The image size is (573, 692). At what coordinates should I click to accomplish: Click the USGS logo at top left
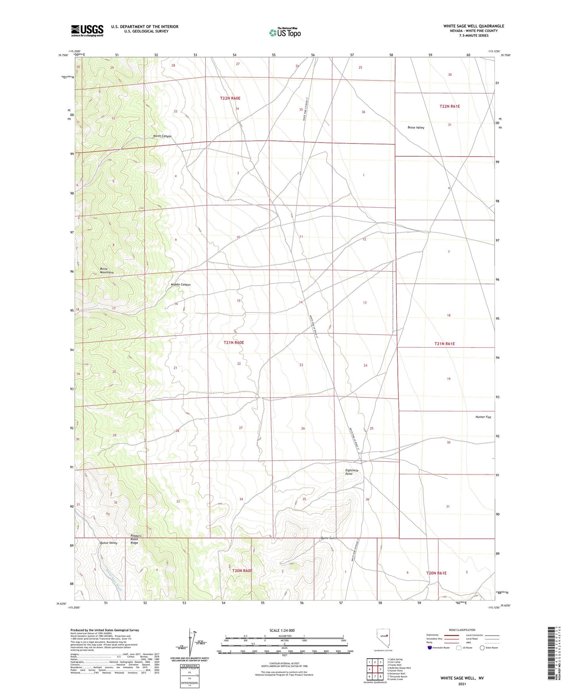click(x=87, y=31)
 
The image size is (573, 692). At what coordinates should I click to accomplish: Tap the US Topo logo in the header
click(x=285, y=32)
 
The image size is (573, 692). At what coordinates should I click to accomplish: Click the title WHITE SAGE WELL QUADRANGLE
click(x=473, y=26)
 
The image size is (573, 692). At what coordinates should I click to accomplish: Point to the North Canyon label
click(x=162, y=136)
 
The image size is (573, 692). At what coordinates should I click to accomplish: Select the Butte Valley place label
click(x=416, y=128)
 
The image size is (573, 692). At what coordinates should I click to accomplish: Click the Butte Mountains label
click(x=107, y=271)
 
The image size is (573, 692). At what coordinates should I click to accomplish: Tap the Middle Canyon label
click(x=180, y=285)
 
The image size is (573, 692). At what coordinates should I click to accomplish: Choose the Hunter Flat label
click(x=483, y=417)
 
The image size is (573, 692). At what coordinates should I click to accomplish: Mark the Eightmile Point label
click(x=351, y=472)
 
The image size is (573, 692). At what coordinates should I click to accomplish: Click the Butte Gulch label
click(x=329, y=538)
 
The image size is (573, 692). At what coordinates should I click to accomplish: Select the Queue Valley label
click(x=108, y=543)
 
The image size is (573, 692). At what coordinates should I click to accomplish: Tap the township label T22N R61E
click(x=450, y=106)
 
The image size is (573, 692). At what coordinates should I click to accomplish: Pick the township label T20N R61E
click(x=436, y=573)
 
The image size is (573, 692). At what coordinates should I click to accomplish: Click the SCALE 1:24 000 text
click(x=282, y=631)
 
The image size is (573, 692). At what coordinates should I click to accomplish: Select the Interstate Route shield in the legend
click(x=430, y=648)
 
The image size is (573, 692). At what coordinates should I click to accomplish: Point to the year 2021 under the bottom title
click(x=462, y=684)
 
